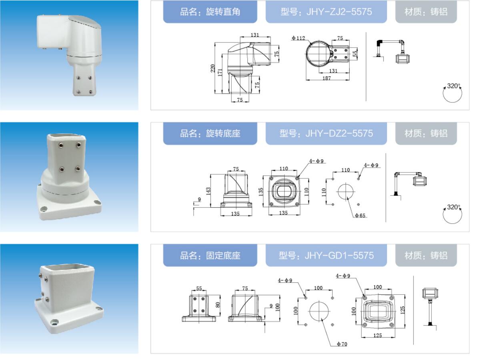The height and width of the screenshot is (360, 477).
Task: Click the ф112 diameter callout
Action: tap(298, 38)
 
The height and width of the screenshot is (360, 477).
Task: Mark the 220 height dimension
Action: tap(212, 68)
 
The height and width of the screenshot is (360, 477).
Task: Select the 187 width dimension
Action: tap(327, 78)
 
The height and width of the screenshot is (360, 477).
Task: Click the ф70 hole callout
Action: tap(342, 344)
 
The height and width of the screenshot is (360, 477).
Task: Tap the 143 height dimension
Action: tap(208, 191)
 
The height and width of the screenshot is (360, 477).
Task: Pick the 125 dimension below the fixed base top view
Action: tap(377, 335)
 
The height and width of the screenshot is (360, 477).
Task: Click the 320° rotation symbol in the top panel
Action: tap(452, 93)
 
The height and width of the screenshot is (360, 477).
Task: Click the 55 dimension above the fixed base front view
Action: tap(199, 288)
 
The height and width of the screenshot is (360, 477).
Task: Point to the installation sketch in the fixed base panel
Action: tap(430, 308)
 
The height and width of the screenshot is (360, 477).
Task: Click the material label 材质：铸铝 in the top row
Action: tap(426, 12)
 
